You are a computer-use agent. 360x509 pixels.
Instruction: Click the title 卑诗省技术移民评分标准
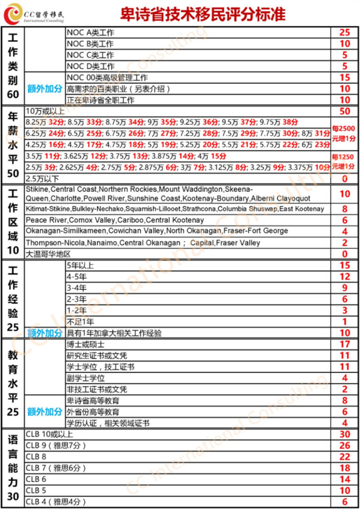(x=203, y=14)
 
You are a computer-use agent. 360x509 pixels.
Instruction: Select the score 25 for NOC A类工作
(x=345, y=33)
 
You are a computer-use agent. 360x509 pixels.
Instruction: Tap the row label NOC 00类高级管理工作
(x=107, y=78)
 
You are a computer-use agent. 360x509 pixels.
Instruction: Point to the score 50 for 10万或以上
(x=345, y=111)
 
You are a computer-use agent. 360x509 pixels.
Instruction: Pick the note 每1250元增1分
(x=345, y=161)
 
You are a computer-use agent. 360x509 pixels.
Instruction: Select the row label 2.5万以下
(x=42, y=178)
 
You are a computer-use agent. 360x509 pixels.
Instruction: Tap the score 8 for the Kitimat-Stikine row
(x=345, y=209)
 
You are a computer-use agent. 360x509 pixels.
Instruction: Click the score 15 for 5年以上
(x=345, y=266)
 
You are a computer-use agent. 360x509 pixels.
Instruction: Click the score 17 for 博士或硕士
(x=345, y=344)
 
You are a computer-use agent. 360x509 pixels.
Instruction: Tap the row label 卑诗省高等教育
(x=93, y=401)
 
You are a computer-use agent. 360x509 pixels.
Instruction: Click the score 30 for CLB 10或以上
(x=345, y=434)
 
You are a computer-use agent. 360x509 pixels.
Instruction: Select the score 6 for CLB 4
(x=345, y=502)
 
